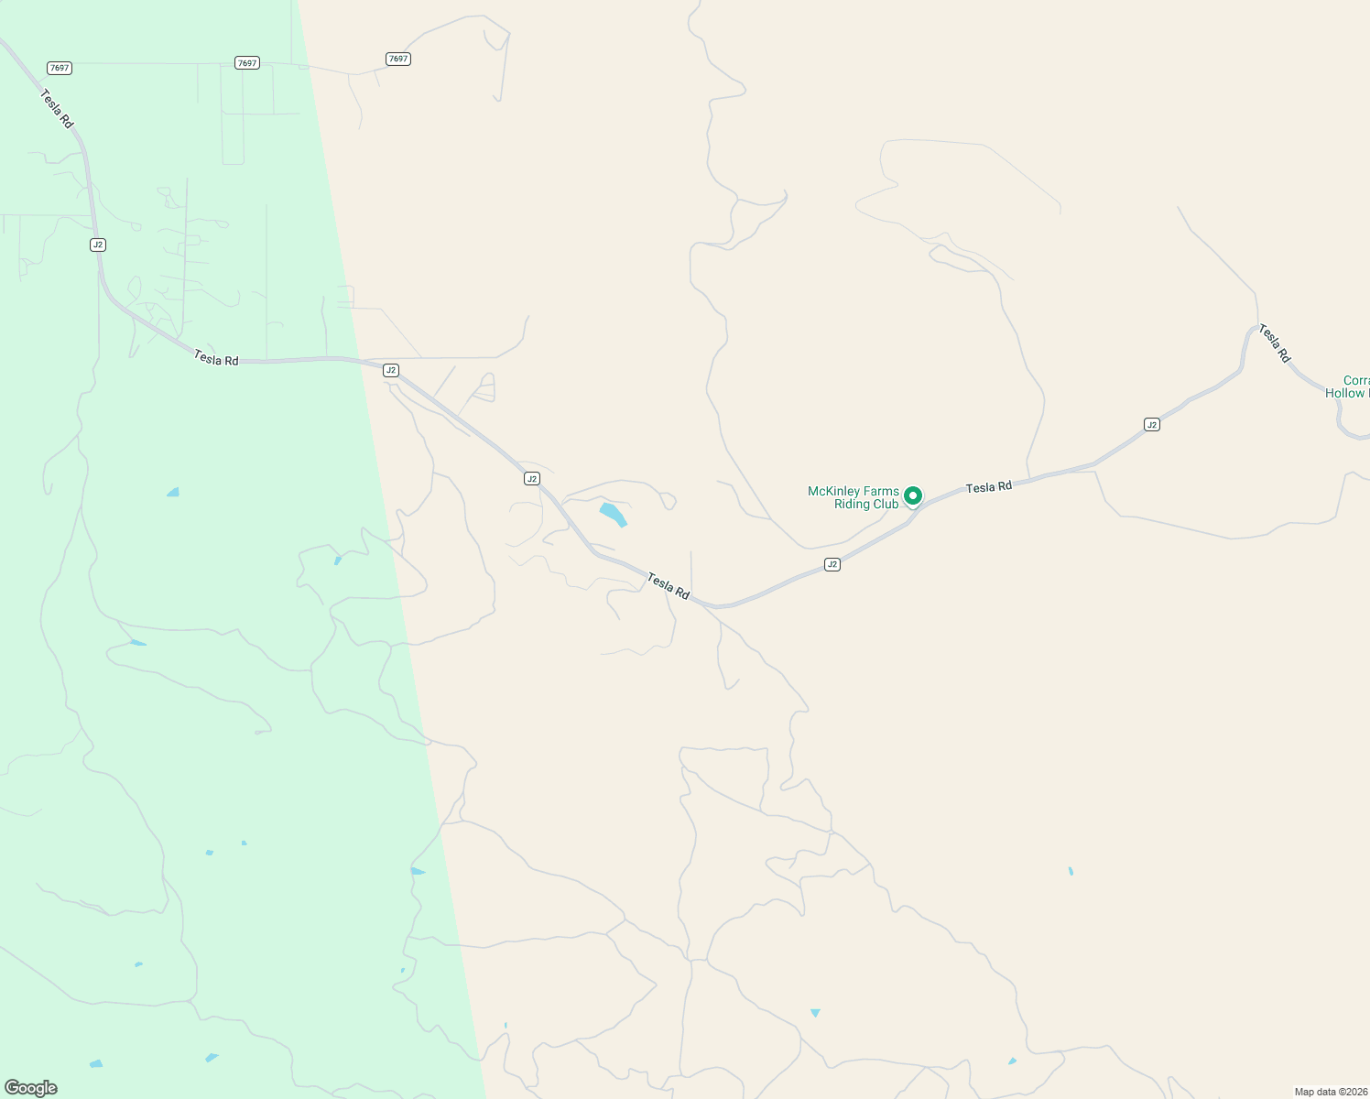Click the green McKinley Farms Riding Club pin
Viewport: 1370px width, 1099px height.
pyautogui.click(x=912, y=495)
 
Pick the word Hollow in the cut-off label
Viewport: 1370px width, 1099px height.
pyautogui.click(x=1344, y=394)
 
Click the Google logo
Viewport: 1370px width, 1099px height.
pyautogui.click(x=31, y=1088)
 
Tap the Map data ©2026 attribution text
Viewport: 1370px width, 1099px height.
pyautogui.click(x=1331, y=1092)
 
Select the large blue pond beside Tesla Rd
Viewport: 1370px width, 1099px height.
pyautogui.click(x=613, y=514)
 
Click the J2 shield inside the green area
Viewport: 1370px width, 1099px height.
pyautogui.click(x=98, y=245)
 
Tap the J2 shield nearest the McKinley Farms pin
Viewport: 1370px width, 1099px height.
pyautogui.click(x=832, y=564)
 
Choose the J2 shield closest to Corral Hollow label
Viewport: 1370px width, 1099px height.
pyautogui.click(x=1151, y=424)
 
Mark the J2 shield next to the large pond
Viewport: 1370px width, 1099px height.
pyautogui.click(x=531, y=479)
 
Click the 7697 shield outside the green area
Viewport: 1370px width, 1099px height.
pyautogui.click(x=397, y=59)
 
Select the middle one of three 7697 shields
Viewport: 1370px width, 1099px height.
pyautogui.click(x=246, y=62)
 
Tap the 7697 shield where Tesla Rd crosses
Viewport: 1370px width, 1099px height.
pyautogui.click(x=60, y=68)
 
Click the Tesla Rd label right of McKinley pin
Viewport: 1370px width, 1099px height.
pyautogui.click(x=988, y=487)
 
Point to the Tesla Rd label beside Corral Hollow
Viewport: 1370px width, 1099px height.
pyautogui.click(x=1274, y=343)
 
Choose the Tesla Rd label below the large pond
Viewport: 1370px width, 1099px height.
pyautogui.click(x=668, y=586)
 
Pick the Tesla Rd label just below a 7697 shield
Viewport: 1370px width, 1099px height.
pyautogui.click(x=57, y=107)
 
